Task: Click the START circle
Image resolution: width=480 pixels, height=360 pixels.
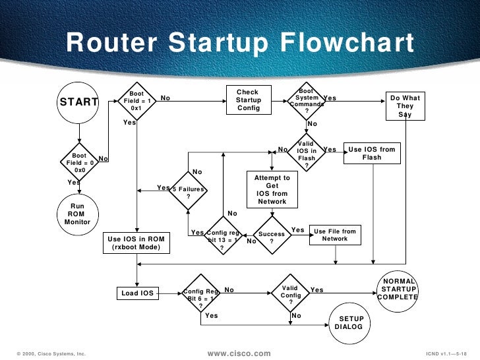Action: [79, 102]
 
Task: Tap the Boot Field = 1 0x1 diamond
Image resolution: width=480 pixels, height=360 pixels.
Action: [136, 101]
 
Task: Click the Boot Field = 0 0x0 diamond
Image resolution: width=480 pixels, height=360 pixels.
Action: [79, 162]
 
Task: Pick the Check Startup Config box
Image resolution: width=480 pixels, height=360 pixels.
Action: [249, 100]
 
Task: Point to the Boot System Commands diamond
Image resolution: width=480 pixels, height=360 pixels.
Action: [307, 100]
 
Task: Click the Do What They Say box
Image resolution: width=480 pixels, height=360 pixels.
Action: [405, 105]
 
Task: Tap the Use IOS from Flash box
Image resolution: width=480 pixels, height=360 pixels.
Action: [372, 153]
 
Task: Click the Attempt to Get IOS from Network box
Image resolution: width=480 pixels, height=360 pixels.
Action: [272, 189]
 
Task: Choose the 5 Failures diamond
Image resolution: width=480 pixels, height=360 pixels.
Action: [189, 193]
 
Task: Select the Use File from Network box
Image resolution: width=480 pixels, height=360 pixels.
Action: [334, 235]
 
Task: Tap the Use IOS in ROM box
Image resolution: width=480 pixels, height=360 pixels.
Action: [135, 242]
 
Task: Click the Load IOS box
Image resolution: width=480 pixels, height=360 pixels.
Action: [138, 293]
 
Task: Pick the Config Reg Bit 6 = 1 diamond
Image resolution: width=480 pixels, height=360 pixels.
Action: [200, 296]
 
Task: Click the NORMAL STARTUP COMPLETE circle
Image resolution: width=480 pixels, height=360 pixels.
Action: [398, 289]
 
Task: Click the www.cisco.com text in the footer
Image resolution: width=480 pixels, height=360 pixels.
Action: [239, 354]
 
